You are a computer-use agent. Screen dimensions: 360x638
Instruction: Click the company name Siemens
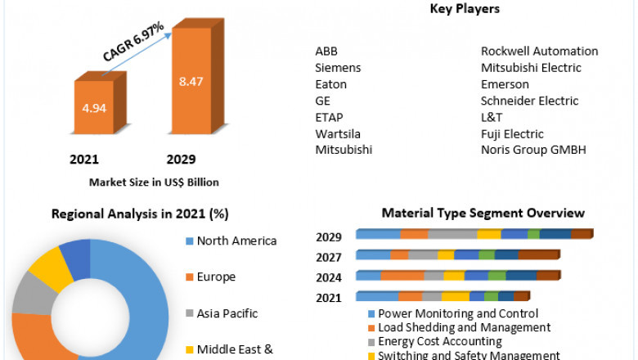[338, 68]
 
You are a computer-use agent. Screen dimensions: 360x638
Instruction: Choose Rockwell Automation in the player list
[539, 51]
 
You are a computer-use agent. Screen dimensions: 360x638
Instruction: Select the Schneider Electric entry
[529, 101]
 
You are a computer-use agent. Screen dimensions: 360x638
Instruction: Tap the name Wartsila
[338, 133]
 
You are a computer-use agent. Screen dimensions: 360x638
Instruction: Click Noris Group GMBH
[533, 150]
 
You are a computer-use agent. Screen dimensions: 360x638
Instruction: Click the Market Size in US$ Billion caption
[154, 182]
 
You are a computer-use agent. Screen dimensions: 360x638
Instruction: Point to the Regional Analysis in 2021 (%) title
[140, 214]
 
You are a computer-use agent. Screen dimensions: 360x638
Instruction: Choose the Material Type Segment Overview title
[483, 214]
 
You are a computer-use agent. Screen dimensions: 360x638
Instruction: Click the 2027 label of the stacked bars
[329, 258]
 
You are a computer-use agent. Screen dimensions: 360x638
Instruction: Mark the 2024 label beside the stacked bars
[329, 277]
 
